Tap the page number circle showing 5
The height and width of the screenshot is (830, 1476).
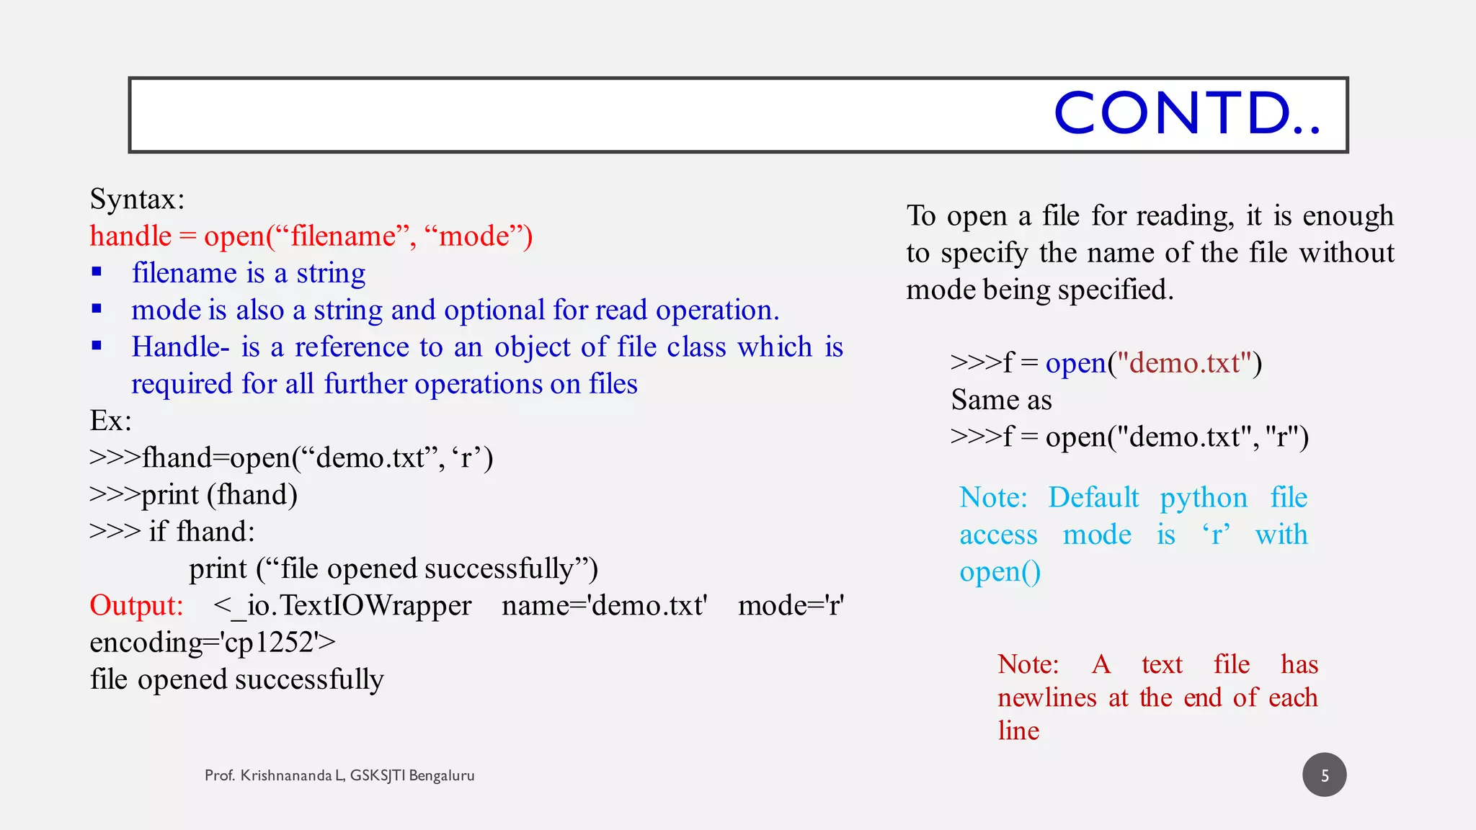pyautogui.click(x=1324, y=775)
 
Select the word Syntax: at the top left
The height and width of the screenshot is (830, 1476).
pyautogui.click(x=137, y=200)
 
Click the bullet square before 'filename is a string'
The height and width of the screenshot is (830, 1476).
pyautogui.click(x=97, y=272)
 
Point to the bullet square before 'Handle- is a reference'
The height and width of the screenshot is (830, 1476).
pyautogui.click(x=97, y=346)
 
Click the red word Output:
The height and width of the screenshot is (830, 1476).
pyautogui.click(x=136, y=605)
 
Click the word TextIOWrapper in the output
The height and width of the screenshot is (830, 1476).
pyautogui.click(x=375, y=605)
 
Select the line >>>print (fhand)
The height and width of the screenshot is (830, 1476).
pyautogui.click(x=193, y=495)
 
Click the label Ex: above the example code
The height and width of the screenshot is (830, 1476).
pyautogui.click(x=110, y=421)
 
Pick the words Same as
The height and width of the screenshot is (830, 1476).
pyautogui.click(x=1001, y=400)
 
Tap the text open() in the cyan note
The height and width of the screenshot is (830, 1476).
pyautogui.click(x=1000, y=572)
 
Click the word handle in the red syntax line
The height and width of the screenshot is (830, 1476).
pyautogui.click(x=130, y=236)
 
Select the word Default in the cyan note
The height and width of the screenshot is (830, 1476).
pyautogui.click(x=1093, y=498)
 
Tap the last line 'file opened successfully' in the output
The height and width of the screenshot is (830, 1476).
pyautogui.click(x=236, y=679)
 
